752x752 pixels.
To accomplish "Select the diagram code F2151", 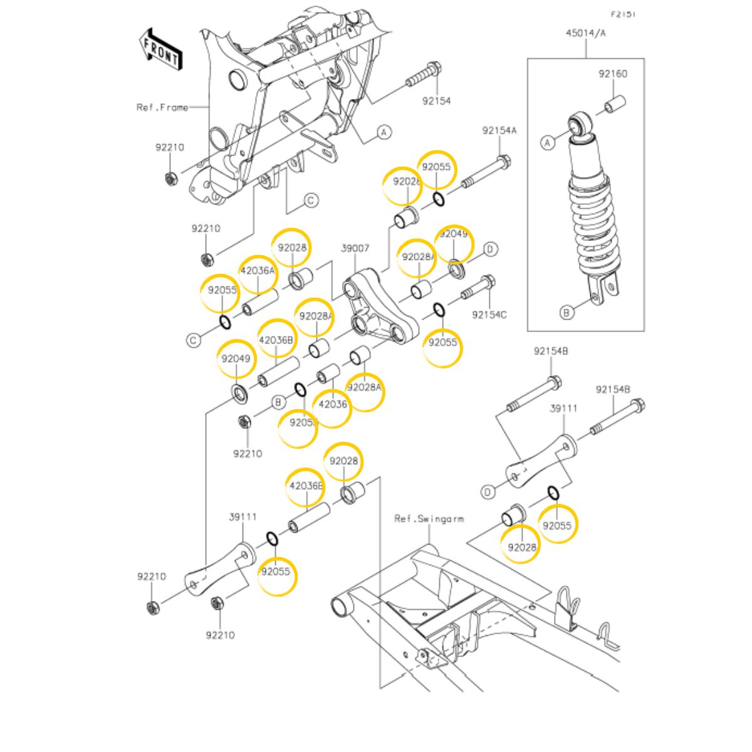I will [624, 14].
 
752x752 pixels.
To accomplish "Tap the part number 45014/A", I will [586, 34].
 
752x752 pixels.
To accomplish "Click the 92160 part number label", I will [612, 74].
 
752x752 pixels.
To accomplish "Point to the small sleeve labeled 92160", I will [616, 103].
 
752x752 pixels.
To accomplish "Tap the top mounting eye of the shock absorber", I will [579, 123].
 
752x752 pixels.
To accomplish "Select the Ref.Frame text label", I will [162, 107].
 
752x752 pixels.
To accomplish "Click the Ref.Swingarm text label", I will [429, 518].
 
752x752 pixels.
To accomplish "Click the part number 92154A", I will [499, 131].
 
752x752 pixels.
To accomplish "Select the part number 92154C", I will [489, 315].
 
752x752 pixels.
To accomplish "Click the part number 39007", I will [355, 249].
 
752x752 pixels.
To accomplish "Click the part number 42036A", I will [258, 271].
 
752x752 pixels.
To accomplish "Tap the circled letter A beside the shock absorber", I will [548, 143].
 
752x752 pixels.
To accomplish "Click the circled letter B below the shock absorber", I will [567, 312].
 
